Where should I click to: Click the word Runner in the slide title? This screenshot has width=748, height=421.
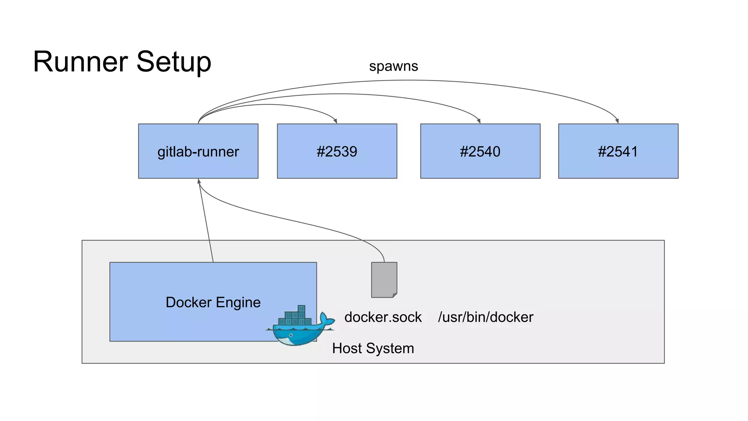(x=80, y=62)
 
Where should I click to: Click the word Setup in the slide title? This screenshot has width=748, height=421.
(x=174, y=62)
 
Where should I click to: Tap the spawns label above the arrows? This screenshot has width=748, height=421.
(x=393, y=66)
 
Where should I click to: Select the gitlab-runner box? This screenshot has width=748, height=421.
(x=198, y=151)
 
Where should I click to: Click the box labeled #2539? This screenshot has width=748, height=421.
(x=337, y=151)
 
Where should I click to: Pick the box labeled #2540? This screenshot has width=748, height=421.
(x=480, y=151)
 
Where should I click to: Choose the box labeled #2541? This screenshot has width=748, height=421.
(x=618, y=151)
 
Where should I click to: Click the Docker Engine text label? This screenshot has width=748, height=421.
(x=213, y=302)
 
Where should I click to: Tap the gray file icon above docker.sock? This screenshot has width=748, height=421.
(x=384, y=280)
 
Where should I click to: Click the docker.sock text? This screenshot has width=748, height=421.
(x=383, y=317)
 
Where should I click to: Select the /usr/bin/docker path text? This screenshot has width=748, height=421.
(x=485, y=317)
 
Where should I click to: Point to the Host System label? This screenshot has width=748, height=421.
(x=373, y=348)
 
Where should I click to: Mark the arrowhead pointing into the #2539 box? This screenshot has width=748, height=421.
(x=335, y=121)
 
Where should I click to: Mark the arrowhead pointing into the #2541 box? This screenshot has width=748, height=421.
(x=617, y=121)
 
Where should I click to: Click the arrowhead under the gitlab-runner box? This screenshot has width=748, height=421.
(x=199, y=181)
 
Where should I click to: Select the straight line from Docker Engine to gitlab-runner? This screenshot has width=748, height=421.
(x=206, y=223)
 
